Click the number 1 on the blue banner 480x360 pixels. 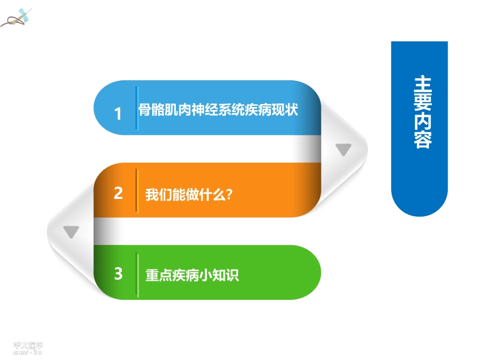(118, 114)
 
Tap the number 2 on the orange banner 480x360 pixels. (118, 193)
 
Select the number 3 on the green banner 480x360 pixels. (118, 274)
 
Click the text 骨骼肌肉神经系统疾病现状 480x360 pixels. (218, 110)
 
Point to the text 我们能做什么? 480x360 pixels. (188, 194)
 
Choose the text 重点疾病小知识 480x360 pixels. (191, 276)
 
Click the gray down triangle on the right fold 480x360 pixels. (344, 149)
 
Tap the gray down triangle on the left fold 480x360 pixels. (71, 232)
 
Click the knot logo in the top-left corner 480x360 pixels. (17, 18)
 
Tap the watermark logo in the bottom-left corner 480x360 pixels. (28, 347)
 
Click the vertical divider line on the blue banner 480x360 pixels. (136, 108)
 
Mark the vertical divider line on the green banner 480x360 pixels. (137, 275)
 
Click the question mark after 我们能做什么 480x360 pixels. (229, 194)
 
